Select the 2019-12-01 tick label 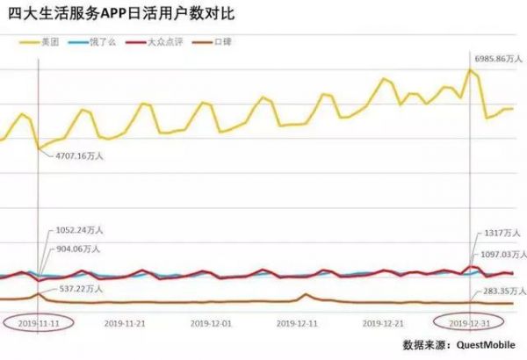[x=213, y=322]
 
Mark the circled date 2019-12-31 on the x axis [x=468, y=322]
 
